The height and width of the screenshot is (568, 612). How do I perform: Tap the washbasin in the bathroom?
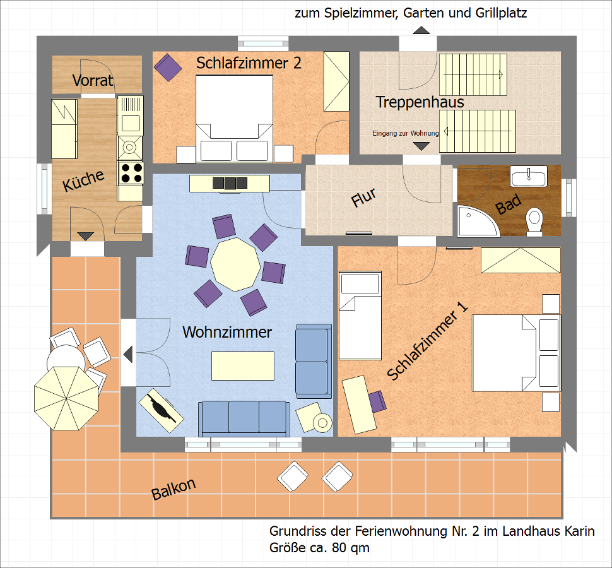click(529, 176)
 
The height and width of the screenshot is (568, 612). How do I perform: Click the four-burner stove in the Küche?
click(131, 173)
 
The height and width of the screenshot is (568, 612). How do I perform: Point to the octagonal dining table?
click(235, 264)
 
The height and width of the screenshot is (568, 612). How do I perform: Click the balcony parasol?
click(66, 398)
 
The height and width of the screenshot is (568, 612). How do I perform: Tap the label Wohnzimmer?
click(227, 332)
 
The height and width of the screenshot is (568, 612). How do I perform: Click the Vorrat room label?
click(93, 80)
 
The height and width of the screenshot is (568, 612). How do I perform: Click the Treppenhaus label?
click(420, 102)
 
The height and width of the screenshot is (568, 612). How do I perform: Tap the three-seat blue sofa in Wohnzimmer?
click(244, 418)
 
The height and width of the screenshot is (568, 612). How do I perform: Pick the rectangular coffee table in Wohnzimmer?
click(243, 366)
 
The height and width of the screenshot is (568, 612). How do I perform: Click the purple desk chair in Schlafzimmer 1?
click(377, 401)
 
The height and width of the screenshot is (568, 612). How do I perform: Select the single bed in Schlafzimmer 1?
click(360, 316)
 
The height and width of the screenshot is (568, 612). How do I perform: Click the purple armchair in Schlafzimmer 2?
click(168, 67)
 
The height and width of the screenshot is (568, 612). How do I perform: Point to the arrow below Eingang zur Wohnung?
click(421, 146)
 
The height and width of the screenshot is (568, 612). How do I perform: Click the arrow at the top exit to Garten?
click(421, 30)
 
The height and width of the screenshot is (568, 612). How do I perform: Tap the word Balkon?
click(174, 489)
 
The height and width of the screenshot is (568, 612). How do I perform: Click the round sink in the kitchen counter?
click(129, 147)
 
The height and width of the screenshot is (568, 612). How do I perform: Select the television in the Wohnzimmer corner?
click(161, 410)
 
